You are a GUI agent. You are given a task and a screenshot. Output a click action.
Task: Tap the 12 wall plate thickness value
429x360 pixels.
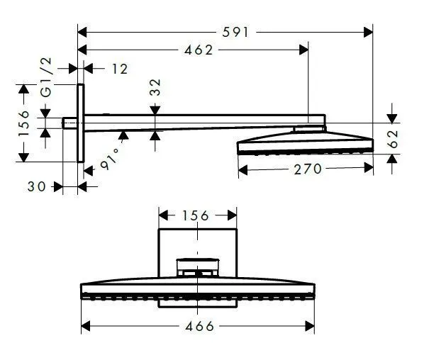119,68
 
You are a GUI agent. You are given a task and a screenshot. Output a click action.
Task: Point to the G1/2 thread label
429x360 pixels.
46,82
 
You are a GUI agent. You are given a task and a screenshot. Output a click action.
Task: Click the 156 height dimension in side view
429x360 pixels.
23,123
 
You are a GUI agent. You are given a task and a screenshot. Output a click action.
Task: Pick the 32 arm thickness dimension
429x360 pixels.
155,87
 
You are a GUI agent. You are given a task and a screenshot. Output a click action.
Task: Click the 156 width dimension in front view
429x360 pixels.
196,215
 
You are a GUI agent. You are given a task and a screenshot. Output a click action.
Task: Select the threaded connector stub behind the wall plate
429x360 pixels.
70,124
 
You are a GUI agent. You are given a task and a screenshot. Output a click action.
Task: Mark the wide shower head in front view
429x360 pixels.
199,291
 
